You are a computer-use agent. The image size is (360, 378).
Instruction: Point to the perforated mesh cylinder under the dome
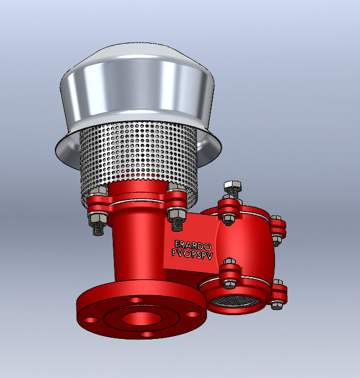pos(139,156)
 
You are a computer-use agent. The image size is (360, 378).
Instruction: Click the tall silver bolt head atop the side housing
pos(232,188)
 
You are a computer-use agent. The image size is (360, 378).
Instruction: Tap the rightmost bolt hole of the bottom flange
pos(194,313)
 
